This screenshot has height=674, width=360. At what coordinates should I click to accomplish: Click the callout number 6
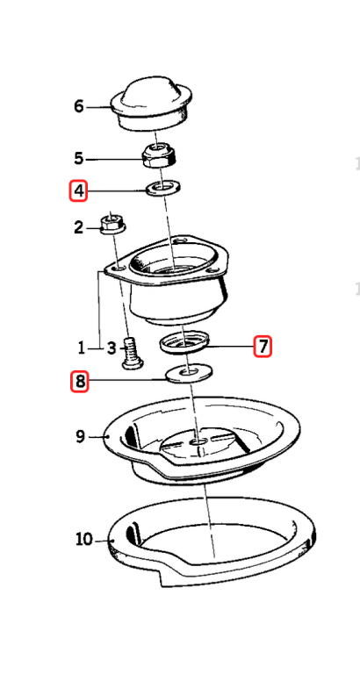(79, 105)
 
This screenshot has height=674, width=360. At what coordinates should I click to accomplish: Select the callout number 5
(78, 159)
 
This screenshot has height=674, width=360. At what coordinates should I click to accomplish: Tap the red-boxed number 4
(79, 190)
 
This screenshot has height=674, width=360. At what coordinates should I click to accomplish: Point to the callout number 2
(78, 227)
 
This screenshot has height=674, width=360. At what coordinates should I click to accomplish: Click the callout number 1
(82, 348)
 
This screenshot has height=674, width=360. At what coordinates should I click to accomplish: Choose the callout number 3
(112, 348)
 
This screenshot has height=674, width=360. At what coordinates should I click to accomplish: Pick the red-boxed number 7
(263, 346)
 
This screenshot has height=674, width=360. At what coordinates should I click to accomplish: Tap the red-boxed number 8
(80, 382)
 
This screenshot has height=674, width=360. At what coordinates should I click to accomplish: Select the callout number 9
(81, 437)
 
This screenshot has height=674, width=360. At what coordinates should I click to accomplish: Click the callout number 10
(84, 539)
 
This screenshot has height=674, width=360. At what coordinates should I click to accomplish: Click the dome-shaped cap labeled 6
(150, 104)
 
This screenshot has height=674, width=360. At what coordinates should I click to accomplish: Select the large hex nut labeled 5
(159, 156)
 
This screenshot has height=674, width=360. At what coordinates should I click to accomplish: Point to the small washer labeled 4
(163, 188)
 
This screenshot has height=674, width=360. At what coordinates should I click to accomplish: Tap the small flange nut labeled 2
(112, 224)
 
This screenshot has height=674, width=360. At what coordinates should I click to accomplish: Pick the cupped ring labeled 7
(184, 342)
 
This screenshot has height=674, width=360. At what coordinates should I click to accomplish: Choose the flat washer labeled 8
(190, 373)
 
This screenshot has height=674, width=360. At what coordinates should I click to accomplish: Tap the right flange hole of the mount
(212, 272)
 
